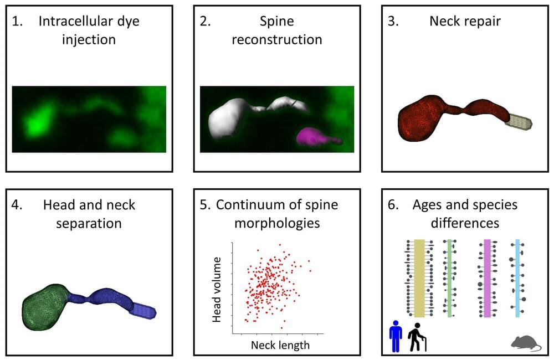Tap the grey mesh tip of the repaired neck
click(520, 122)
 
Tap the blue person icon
click(395, 336)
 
